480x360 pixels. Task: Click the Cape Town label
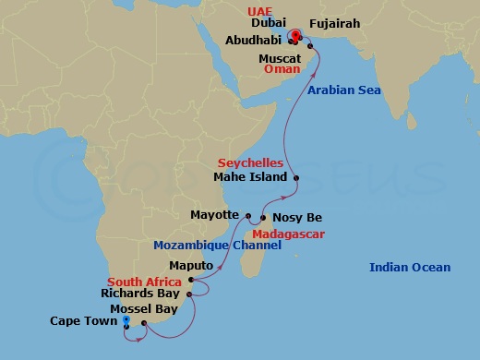coord(84,321)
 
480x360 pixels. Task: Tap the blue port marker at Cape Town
coord(126,320)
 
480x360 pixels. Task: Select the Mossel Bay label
coord(143,308)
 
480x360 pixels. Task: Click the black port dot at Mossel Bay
coord(144,323)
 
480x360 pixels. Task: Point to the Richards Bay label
coord(139,294)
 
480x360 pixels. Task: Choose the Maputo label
coord(192,265)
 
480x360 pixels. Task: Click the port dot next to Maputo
coord(191,280)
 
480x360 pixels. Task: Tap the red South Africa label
coord(144,281)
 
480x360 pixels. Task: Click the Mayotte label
coord(214,215)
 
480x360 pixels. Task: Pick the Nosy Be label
coord(297,218)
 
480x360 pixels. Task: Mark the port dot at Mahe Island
coord(295,177)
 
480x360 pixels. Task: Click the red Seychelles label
coord(250,162)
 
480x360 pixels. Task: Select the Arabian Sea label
coord(344,90)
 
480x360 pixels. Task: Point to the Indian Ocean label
coord(410,268)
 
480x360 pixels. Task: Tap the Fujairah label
coord(335,23)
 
